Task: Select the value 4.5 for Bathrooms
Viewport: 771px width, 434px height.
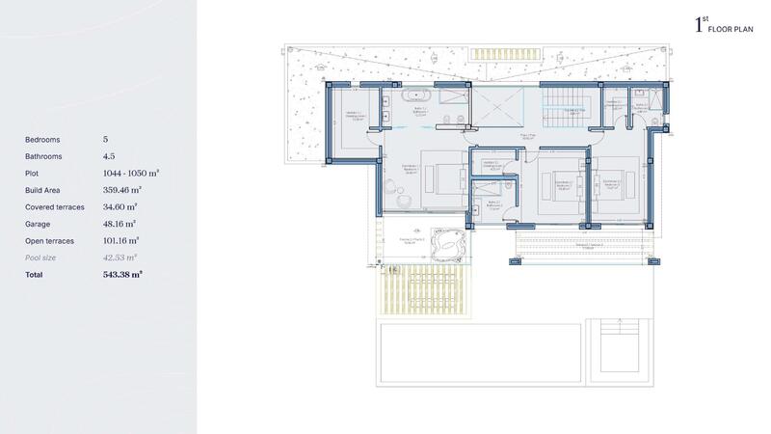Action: pyautogui.click(x=109, y=156)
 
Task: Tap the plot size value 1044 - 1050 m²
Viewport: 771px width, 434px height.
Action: pyautogui.click(x=130, y=174)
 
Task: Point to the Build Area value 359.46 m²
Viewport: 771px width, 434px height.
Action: pyautogui.click(x=121, y=190)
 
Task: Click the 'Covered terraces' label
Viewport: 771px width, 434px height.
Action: pyautogui.click(x=55, y=206)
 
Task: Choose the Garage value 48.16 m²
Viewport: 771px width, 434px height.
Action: pyautogui.click(x=120, y=224)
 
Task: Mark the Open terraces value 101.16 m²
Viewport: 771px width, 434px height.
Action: pyautogui.click(x=121, y=240)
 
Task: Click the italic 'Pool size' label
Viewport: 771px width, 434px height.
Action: pyautogui.click(x=41, y=258)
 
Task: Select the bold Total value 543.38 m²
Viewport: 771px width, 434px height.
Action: pyautogui.click(x=122, y=275)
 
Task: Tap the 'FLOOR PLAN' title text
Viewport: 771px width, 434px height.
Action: pyautogui.click(x=730, y=30)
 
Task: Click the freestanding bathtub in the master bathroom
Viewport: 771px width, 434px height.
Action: pyautogui.click(x=416, y=95)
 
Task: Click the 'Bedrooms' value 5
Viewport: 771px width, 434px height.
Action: pyautogui.click(x=105, y=140)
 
